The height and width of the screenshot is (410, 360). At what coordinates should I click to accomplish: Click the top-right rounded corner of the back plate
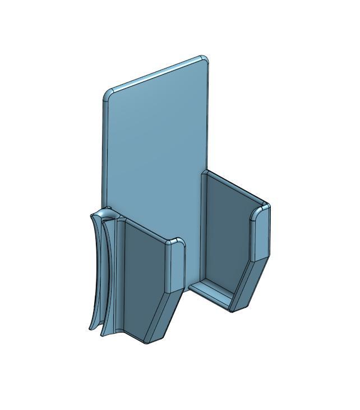pyautogui.click(x=205, y=59)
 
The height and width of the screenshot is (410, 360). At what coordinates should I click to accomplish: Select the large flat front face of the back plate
pyautogui.click(x=154, y=146)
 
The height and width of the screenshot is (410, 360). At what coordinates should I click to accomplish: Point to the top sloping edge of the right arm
pyautogui.click(x=236, y=187)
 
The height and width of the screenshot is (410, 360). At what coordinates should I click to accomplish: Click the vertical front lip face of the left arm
pyautogui.click(x=175, y=266)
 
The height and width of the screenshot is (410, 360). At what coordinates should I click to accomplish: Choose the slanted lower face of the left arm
pyautogui.click(x=163, y=314)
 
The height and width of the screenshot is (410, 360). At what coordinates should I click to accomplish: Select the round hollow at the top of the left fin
pyautogui.click(x=107, y=216)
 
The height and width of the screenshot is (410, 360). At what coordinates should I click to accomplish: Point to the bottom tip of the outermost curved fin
pyautogui.click(x=91, y=328)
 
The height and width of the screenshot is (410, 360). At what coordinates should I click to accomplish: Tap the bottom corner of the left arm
pyautogui.click(x=147, y=340)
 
